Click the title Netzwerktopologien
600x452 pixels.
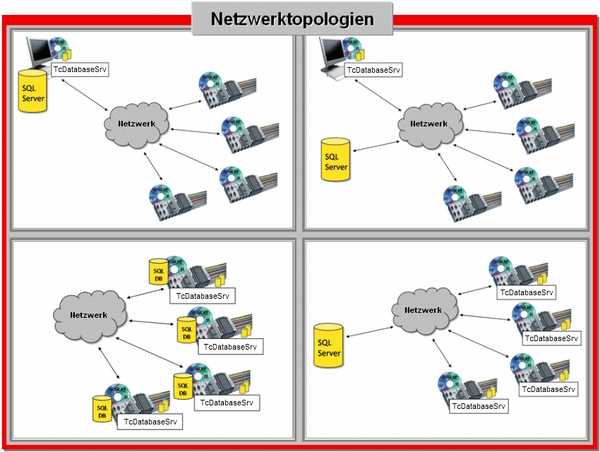coord(292,19)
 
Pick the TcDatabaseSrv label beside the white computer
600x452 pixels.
coord(374,70)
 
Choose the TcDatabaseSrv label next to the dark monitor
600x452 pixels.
coord(80,70)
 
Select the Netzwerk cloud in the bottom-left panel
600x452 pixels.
coord(88,315)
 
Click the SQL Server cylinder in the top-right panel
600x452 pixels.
coord(336,159)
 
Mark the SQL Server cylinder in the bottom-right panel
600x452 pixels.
coord(328,345)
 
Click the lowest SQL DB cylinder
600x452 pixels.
coord(102,408)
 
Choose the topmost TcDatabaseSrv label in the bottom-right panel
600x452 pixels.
coord(527,292)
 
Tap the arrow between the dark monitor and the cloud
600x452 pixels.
coord(83,95)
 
